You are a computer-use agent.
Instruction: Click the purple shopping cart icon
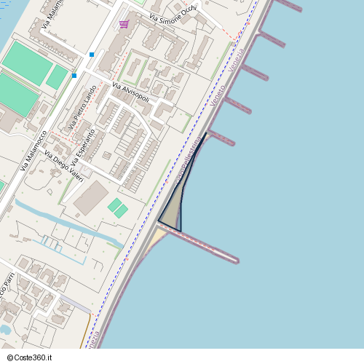click(x=124, y=24)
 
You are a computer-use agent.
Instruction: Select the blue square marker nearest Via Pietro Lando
click(x=74, y=75)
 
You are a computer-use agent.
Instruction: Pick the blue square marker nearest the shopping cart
click(x=92, y=54)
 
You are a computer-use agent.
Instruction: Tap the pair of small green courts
click(x=117, y=207)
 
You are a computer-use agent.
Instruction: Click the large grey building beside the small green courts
click(x=91, y=197)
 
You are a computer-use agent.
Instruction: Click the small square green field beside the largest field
click(x=57, y=76)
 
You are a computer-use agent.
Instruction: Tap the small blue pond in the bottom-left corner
click(x=4, y=329)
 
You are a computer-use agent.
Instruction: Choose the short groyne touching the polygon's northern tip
click(x=220, y=138)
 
